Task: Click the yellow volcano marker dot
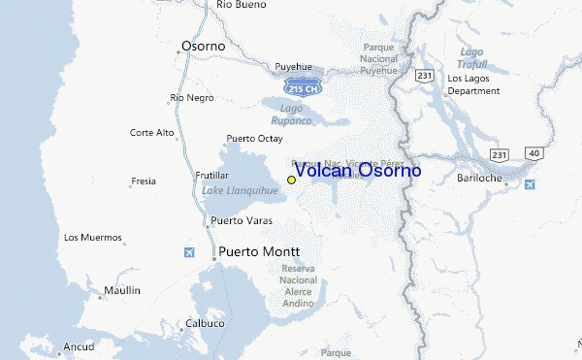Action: tap(291, 180)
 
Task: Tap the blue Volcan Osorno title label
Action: tap(357, 171)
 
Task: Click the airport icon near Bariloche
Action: tap(530, 184)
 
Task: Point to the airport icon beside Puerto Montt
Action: tap(189, 253)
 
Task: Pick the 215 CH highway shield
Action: tap(310, 85)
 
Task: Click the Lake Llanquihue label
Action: tap(240, 190)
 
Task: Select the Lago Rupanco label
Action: tap(296, 114)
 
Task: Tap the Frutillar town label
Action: tap(218, 175)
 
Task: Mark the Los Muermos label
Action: tap(93, 238)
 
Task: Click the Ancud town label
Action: tap(79, 346)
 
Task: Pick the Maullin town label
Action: tap(123, 290)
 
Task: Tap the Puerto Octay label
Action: tap(253, 139)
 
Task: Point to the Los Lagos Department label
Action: tap(473, 84)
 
